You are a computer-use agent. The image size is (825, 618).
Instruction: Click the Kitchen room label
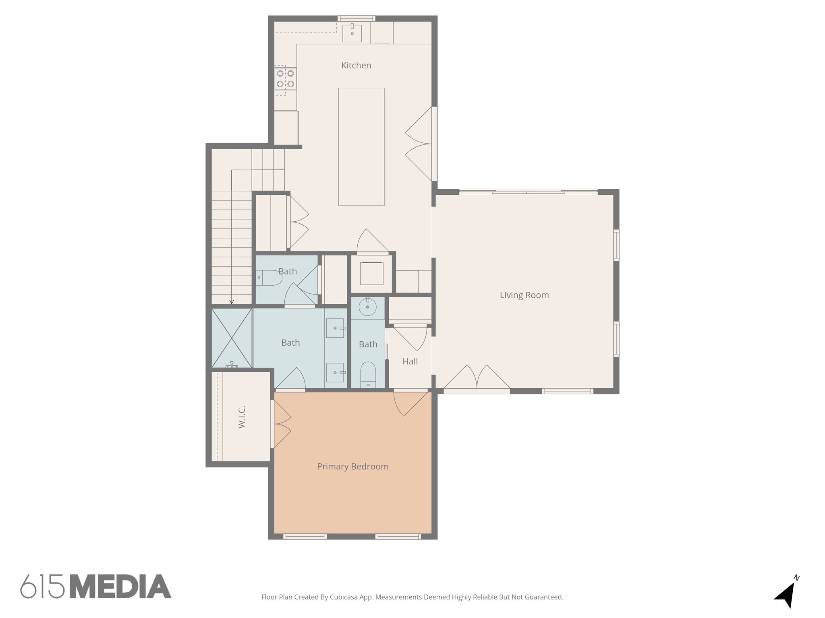pos(356,65)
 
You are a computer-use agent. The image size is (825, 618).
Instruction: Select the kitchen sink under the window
pos(352,33)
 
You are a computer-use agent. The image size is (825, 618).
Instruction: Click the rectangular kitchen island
pos(361,146)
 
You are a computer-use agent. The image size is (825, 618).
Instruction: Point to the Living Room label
pos(524,295)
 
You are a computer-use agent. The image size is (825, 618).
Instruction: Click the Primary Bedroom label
pos(352,466)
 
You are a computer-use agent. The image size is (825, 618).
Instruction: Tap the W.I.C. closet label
pos(242,417)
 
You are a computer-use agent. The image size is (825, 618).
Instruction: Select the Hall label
pos(410,361)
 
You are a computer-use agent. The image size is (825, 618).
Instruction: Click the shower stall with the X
pos(232,338)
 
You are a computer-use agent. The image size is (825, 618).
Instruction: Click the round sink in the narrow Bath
pos(367,308)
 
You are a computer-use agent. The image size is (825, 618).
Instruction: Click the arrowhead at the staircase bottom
pos(232,301)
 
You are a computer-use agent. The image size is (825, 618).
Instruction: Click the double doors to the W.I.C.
pos(282,424)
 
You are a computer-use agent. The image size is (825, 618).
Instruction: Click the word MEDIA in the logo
pos(120,586)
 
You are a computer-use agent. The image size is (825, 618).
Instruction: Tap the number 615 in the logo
pos(42,586)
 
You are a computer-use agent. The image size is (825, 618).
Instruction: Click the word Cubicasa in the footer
pos(344,597)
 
